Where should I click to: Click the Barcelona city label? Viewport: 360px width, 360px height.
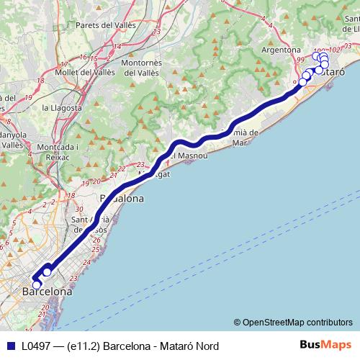point(48,292)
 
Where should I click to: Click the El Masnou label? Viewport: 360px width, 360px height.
point(189,155)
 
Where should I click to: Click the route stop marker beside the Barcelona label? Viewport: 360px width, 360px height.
point(37,284)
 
